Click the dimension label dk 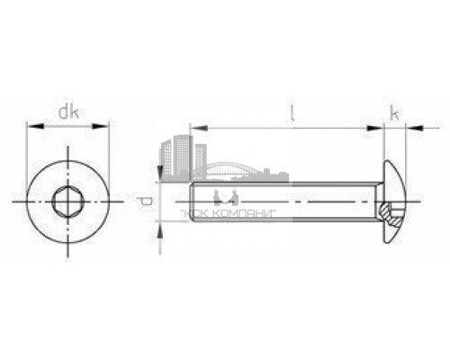point(67,113)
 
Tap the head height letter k point(394,113)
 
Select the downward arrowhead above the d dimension point(160,175)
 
